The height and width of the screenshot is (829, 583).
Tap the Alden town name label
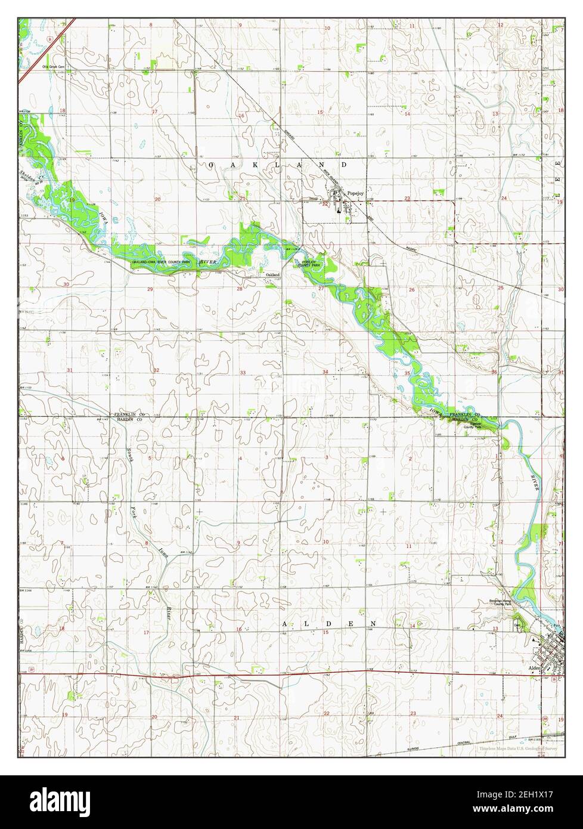click(x=534, y=669)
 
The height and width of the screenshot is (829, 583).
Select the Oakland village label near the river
click(x=272, y=274)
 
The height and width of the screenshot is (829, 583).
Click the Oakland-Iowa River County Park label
click(x=157, y=262)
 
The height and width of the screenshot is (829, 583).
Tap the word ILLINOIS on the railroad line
click(x=416, y=748)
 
